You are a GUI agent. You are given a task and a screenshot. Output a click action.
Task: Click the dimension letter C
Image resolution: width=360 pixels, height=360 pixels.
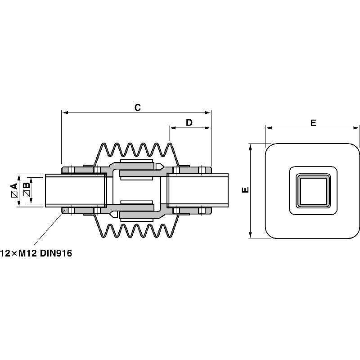coord(138,108)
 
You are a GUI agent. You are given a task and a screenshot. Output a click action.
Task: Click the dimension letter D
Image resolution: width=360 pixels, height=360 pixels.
coord(189,122)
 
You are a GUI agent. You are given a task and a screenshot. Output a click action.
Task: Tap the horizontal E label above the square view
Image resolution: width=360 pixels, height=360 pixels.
coord(313,123)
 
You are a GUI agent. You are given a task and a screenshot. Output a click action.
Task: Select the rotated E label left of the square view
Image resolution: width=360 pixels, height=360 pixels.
coord(245,190)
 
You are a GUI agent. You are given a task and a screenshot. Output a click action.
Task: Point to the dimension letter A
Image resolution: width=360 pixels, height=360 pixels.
coord(15,186)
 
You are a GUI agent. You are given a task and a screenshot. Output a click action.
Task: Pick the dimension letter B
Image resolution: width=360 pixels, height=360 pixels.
coord(27,185)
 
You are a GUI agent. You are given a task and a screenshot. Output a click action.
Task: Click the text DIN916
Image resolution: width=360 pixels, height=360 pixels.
coord(56,253)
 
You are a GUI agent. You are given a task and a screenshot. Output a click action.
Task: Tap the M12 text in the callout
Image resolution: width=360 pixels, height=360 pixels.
coord(27,253)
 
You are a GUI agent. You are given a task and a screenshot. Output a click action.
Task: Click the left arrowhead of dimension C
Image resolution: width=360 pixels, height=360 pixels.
coord(65,112)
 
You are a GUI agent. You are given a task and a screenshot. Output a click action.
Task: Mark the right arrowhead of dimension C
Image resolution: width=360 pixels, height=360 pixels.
coord(207,112)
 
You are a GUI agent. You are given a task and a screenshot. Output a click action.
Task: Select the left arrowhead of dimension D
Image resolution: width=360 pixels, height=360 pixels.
coord(173,128)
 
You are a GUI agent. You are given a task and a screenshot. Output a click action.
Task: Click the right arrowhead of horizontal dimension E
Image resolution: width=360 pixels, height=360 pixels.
coord(355,128)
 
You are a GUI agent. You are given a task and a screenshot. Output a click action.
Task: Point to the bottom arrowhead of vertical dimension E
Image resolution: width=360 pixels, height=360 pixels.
coord(251,234)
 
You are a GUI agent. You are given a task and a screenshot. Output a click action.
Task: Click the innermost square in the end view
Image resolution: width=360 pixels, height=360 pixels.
coord(313,191)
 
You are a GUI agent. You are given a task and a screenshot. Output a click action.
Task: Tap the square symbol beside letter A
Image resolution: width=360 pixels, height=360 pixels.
coord(15,194)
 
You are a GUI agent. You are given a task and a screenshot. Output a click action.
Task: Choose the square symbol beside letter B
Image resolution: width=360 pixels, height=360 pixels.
coord(27,193)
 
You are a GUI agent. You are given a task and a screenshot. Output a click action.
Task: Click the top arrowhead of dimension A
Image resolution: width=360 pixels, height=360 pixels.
coord(19,177)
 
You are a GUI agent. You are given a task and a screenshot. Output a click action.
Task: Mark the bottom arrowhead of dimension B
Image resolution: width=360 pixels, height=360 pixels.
coord(31,200)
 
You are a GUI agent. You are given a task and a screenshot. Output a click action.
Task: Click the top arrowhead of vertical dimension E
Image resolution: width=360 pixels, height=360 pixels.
coord(251,147)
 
